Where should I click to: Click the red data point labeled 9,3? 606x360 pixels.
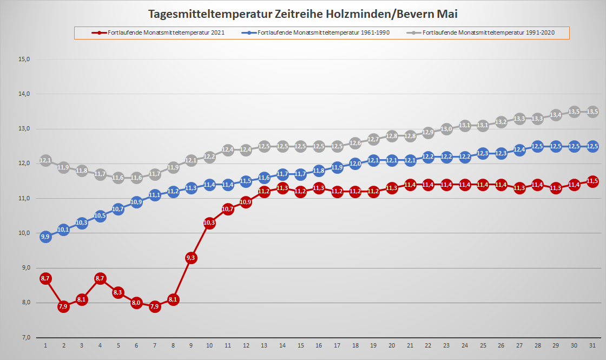click(191, 258)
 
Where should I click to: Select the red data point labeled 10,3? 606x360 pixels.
click(209, 223)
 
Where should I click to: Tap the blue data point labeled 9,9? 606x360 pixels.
click(45, 237)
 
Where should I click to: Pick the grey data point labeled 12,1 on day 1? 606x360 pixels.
click(45, 160)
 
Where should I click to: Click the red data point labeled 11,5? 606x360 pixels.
click(592, 181)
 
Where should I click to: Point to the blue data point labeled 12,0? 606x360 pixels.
click(355, 163)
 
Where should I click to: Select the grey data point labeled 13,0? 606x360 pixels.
click(446, 129)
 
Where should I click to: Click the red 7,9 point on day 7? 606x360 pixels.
click(155, 306)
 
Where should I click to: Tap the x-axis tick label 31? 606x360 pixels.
click(592, 345)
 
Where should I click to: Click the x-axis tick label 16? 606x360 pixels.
click(319, 345)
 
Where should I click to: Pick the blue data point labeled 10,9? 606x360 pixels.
click(136, 202)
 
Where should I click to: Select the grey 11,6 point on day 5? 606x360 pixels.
click(118, 178)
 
